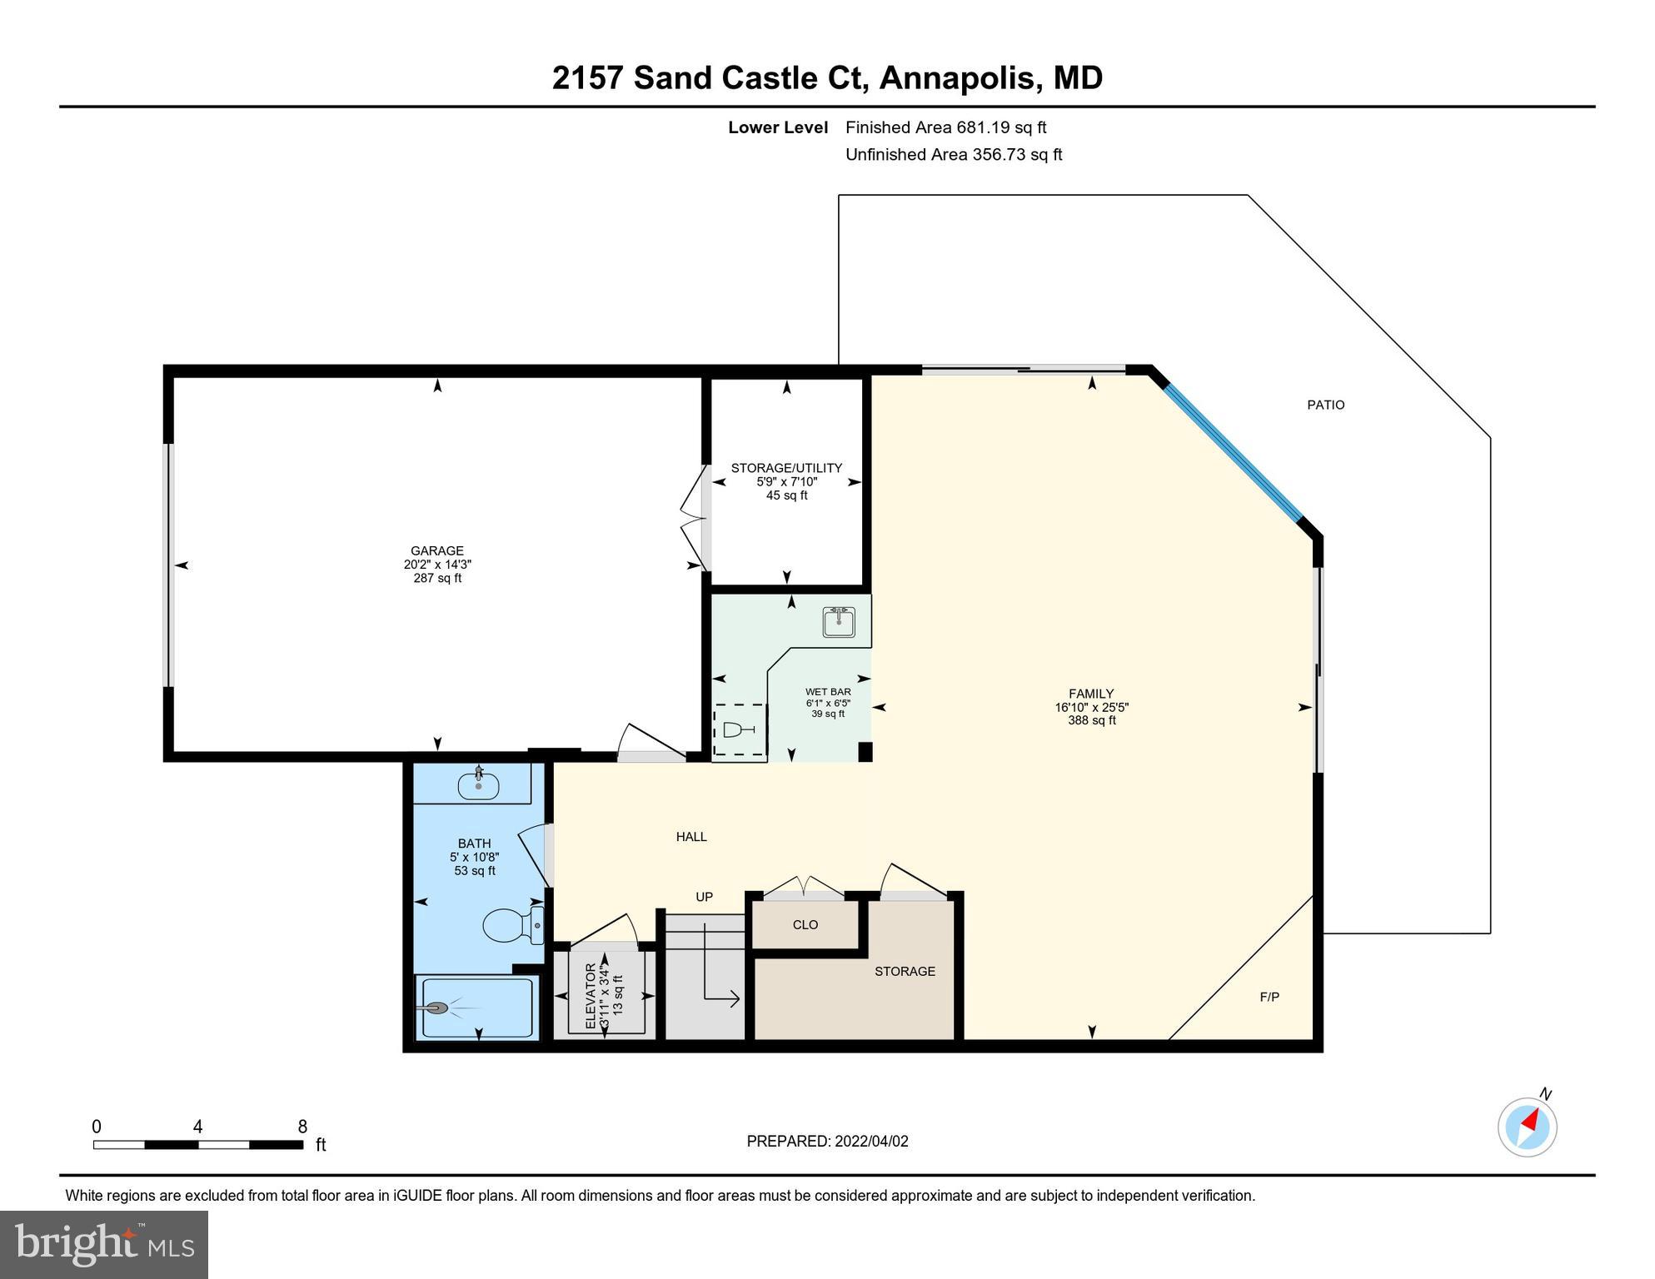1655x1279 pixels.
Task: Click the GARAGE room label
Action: (437, 550)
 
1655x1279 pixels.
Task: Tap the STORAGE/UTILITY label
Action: (786, 468)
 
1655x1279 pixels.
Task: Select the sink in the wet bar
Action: (839, 622)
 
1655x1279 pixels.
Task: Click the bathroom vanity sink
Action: (478, 784)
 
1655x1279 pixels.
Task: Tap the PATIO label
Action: (1325, 405)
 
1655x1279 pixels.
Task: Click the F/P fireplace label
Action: (1269, 997)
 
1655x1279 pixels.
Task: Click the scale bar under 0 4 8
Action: (198, 1145)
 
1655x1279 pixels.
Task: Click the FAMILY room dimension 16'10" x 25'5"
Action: (1091, 707)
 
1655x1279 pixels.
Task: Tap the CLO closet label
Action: (805, 924)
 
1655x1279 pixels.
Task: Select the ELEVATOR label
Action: (591, 995)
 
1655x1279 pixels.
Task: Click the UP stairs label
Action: (704, 897)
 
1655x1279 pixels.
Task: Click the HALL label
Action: (691, 837)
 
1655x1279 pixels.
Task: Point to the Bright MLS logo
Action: (104, 1244)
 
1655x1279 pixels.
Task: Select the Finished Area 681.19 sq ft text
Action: (945, 127)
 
